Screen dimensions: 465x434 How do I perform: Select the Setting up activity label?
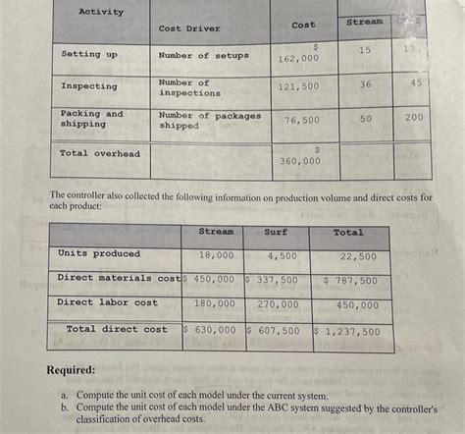point(88,55)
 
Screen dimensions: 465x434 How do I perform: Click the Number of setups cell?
point(203,55)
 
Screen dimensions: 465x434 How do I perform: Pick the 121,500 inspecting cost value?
point(298,86)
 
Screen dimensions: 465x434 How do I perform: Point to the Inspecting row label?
point(88,86)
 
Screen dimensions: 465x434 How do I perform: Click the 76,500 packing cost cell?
point(301,119)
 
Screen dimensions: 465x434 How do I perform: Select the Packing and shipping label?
point(92,119)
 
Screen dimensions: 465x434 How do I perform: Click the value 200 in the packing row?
point(414,116)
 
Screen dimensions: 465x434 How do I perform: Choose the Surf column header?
point(276,232)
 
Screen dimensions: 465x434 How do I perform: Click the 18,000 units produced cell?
point(216,254)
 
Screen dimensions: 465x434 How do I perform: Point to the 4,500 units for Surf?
point(283,254)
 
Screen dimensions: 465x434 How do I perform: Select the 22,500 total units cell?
point(357,255)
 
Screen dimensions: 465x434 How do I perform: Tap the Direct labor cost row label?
point(107,302)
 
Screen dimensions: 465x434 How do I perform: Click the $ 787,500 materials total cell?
point(350,280)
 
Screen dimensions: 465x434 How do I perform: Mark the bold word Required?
point(71,371)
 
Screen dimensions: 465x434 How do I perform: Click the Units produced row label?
point(99,253)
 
